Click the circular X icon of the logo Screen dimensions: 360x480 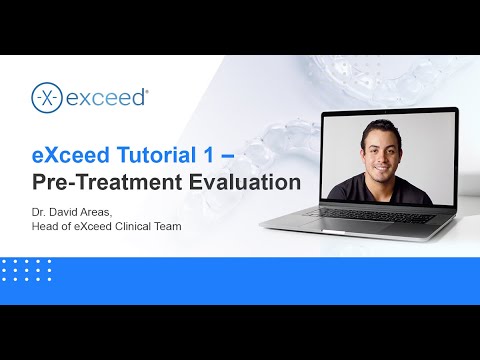tap(45, 98)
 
